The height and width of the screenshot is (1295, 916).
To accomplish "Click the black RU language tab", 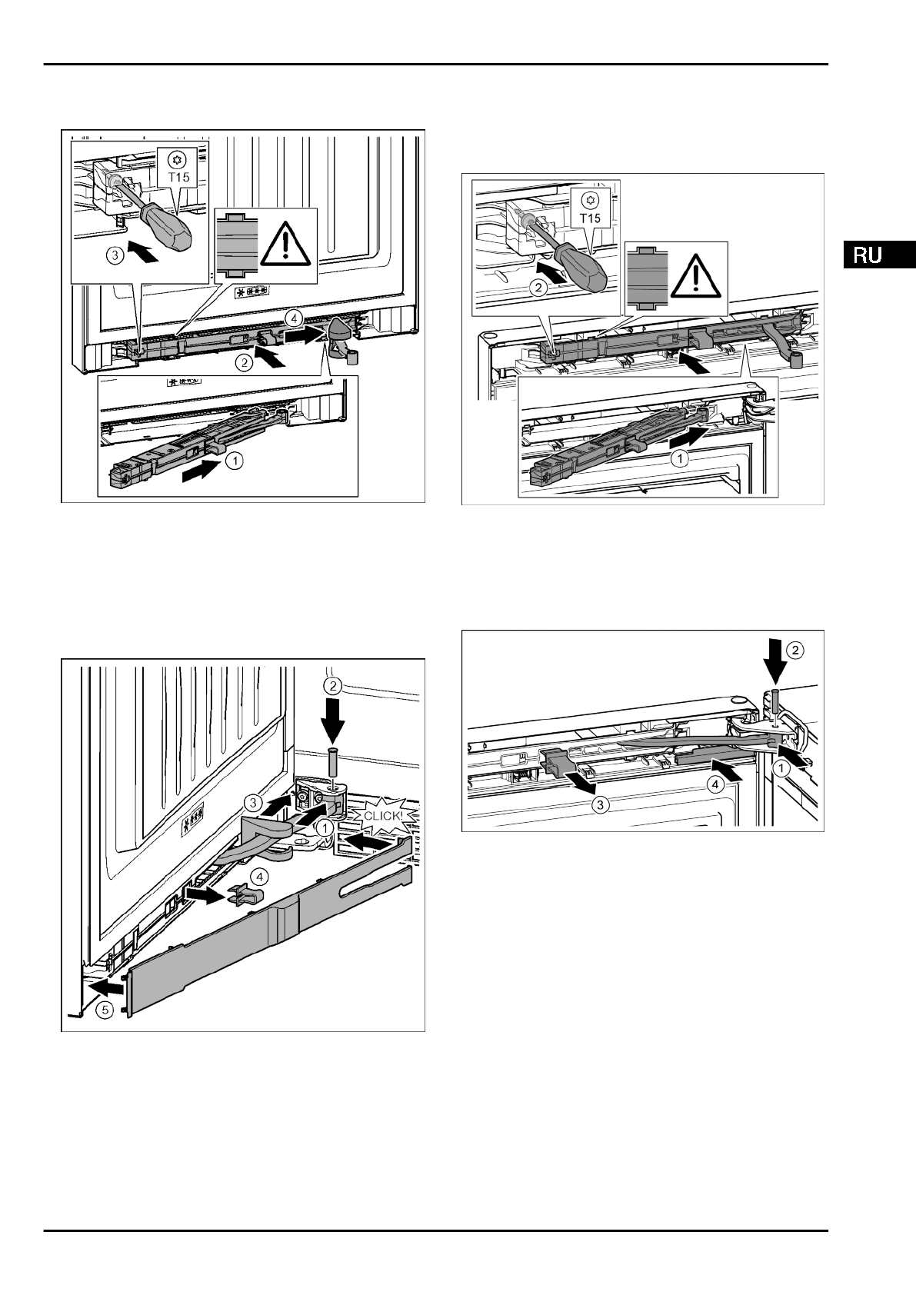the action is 878,255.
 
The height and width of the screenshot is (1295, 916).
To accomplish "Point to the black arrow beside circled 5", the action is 106,987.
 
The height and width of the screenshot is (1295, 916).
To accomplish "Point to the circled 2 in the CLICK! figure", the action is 334,684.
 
